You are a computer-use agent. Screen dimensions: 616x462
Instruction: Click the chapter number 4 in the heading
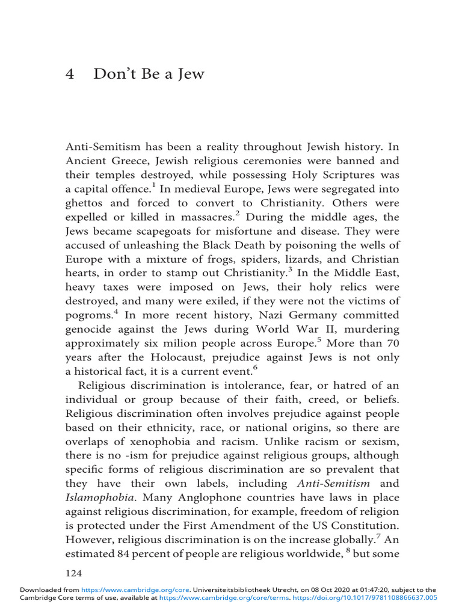coord(68,74)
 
